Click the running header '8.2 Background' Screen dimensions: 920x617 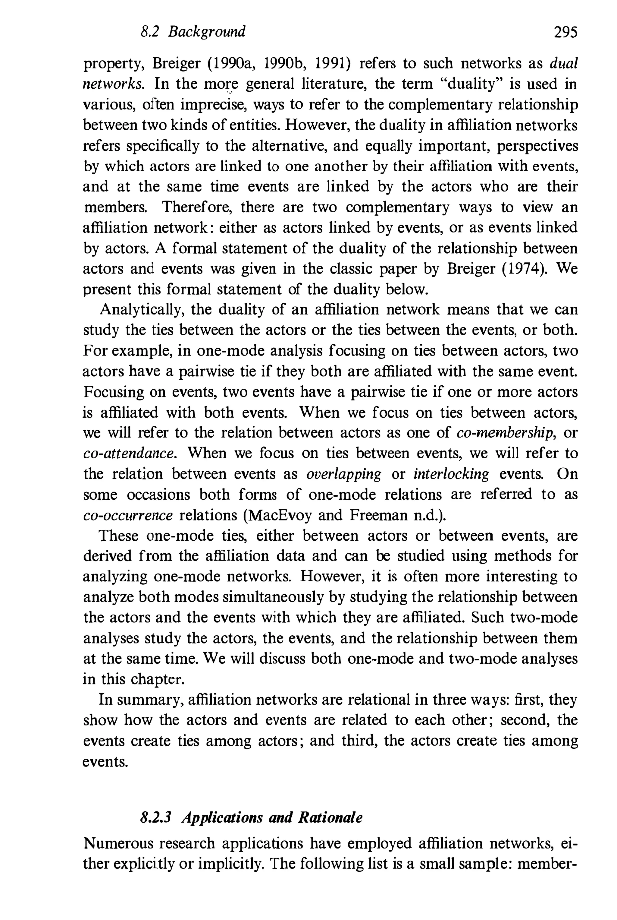point(193,31)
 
